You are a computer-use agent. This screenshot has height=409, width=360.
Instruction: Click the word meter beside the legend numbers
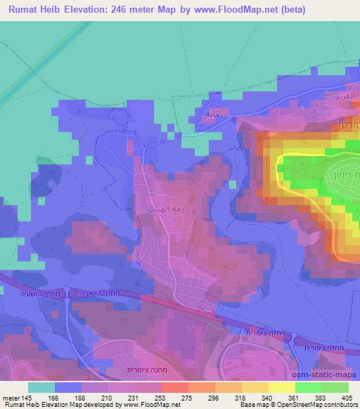pos(11,396)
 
